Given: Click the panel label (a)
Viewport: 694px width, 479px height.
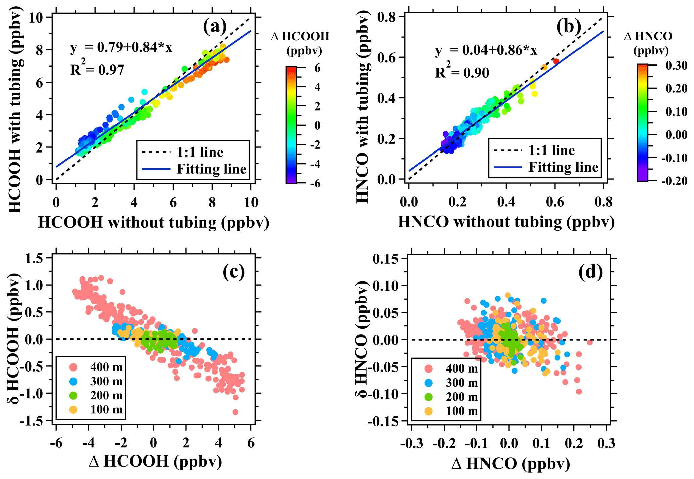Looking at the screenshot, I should point(215,27).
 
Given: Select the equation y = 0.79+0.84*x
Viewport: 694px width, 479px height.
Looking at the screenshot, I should point(121,48).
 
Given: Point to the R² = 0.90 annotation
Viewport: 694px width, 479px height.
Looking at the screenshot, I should point(462,72).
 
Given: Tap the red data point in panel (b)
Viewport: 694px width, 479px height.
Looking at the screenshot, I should point(556,61).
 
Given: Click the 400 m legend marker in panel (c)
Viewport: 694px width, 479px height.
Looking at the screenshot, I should point(73,367).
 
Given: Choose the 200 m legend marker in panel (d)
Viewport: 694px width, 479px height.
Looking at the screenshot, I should point(428,397).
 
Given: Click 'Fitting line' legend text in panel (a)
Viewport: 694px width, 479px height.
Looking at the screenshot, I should point(212,169).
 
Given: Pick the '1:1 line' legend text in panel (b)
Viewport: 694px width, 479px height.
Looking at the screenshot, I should point(552,150).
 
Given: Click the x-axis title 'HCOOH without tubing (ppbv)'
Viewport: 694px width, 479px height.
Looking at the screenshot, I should point(154,222).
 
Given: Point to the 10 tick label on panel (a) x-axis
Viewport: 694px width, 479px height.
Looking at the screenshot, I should point(251,202).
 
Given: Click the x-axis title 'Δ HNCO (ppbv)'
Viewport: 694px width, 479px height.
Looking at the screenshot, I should point(511,464).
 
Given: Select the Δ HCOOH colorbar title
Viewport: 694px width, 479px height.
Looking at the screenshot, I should point(300,43).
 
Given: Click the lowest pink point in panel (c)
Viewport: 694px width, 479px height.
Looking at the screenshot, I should point(235,412).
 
